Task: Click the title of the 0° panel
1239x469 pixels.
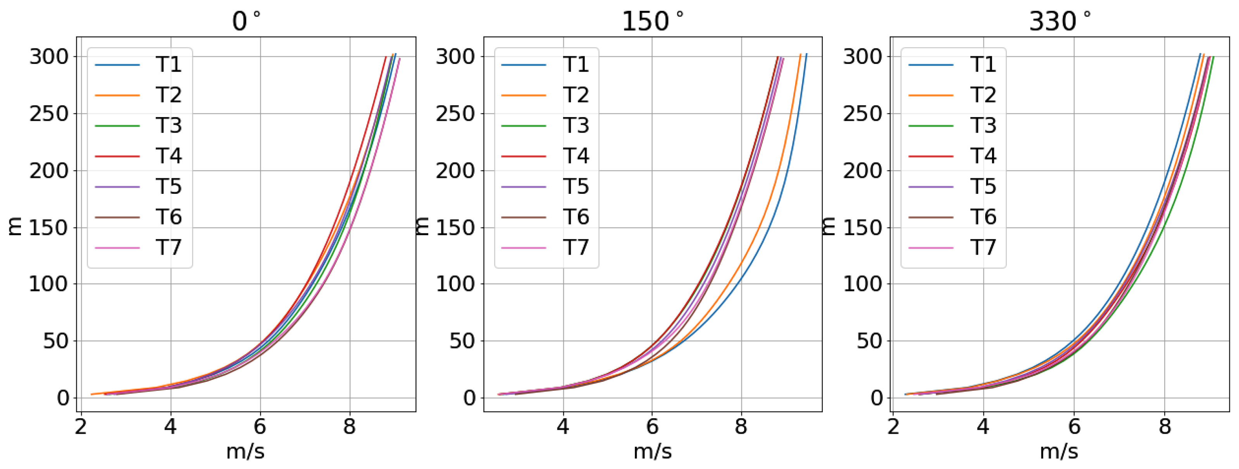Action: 246,21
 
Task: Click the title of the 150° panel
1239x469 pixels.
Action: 652,21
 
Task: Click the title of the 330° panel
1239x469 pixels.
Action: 1060,21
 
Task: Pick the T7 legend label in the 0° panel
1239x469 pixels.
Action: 168,247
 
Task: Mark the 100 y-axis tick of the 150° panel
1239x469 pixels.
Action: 455,284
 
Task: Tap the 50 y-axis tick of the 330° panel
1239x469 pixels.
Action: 869,341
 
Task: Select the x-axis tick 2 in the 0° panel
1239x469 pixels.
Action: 81,426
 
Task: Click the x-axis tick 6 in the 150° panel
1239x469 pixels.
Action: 652,426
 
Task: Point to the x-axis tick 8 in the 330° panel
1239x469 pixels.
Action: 1165,426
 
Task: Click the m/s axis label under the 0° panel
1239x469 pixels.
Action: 245,451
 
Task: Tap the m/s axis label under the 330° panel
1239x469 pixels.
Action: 1059,451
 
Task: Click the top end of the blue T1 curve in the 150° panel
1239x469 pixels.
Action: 806,54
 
